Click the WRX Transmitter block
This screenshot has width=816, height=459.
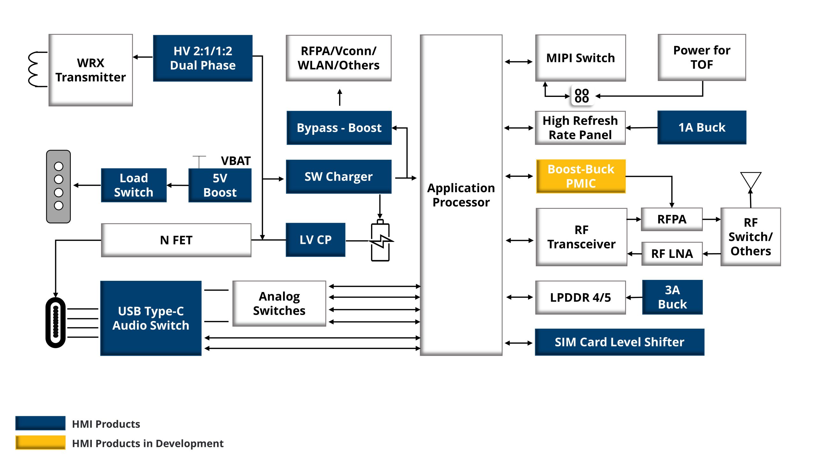point(91,70)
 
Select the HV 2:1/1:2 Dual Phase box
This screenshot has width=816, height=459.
point(203,58)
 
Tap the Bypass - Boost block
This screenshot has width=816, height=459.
point(339,128)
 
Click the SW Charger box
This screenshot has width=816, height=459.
point(339,177)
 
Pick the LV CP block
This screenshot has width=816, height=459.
point(315,240)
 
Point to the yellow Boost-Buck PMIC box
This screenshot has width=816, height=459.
point(580,176)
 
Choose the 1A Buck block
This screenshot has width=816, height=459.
point(702,127)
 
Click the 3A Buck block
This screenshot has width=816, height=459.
point(672,297)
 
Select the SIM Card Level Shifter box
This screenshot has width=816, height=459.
point(619,342)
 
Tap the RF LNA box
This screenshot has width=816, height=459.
point(672,254)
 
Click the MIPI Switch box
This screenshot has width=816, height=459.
point(580,58)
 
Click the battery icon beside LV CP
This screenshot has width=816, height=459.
point(380,241)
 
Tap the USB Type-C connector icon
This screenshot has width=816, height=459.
point(56,322)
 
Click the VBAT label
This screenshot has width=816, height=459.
point(236,161)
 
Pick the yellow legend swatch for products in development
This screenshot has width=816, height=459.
point(40,442)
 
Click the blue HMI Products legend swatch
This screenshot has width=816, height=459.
point(40,423)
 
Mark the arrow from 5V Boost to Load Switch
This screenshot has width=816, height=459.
point(178,185)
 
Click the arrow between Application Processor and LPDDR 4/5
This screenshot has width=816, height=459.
point(520,297)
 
